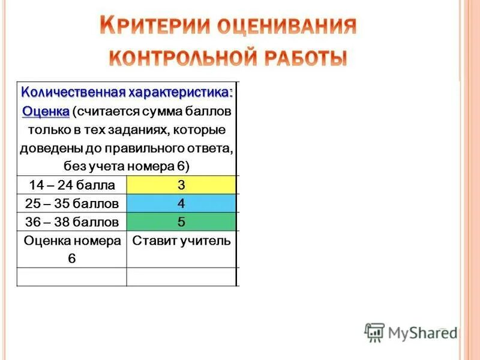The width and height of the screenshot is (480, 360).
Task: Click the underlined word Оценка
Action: point(46,112)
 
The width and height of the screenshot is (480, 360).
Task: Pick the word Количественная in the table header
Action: point(72,93)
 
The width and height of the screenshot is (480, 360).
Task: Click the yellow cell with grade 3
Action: point(181,184)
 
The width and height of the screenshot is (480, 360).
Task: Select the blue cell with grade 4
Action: point(181,203)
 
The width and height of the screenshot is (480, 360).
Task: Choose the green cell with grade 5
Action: point(181,221)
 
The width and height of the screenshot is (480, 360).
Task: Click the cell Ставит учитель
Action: point(181,241)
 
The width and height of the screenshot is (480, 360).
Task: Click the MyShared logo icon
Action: point(374,332)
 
